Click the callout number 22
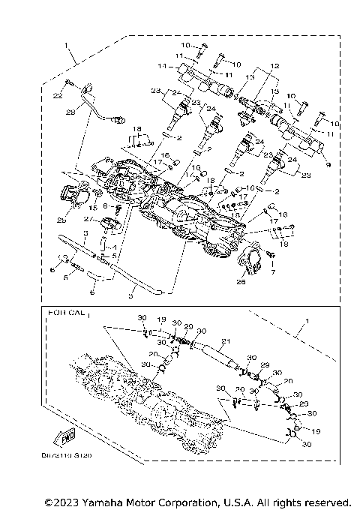coord(57,96)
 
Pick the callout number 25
coord(62,220)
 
